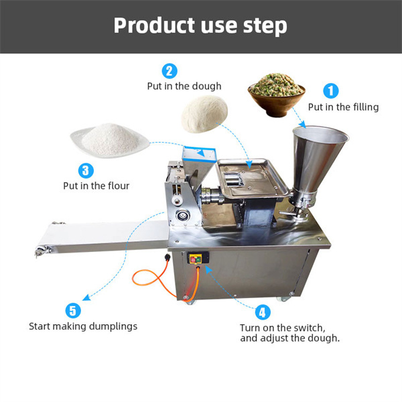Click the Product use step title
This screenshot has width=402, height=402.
click(x=200, y=25)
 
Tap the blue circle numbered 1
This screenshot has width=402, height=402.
click(x=332, y=90)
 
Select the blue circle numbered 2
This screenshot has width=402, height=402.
click(x=170, y=70)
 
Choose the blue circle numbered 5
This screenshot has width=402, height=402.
click(x=73, y=311)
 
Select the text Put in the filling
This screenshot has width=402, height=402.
click(x=343, y=107)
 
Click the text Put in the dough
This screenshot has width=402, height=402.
click(x=184, y=86)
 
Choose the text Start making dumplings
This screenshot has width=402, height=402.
click(x=82, y=327)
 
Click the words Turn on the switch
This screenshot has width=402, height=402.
click(x=282, y=328)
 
